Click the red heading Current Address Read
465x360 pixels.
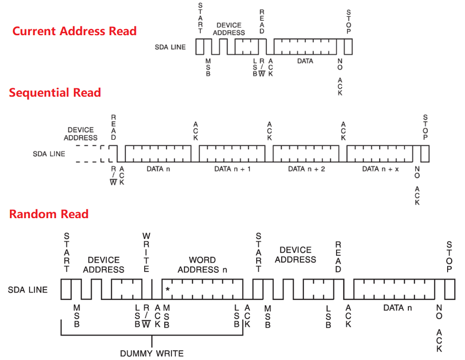tap(74, 31)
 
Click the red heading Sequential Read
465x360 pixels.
tap(55, 93)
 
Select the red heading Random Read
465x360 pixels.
tap(49, 214)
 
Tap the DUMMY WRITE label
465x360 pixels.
tap(152, 354)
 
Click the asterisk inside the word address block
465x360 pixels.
tap(168, 289)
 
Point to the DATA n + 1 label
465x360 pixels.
tap(232, 169)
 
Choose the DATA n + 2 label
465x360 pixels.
tap(306, 169)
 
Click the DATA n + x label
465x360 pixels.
tap(381, 169)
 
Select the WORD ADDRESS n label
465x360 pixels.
tap(202, 265)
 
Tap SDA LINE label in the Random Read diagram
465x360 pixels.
tap(28, 290)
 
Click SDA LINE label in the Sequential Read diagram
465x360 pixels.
tap(49, 154)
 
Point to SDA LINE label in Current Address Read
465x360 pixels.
tap(171, 47)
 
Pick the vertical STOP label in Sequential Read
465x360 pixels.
tap(425, 127)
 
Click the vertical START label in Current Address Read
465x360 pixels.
tap(200, 18)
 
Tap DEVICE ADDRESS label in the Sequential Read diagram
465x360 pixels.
tap(81, 134)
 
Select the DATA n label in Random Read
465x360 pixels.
tap(398, 308)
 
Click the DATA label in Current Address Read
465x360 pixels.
tap(305, 61)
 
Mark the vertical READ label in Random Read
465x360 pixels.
tap(339, 257)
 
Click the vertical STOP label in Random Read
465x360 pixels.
tap(449, 257)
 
